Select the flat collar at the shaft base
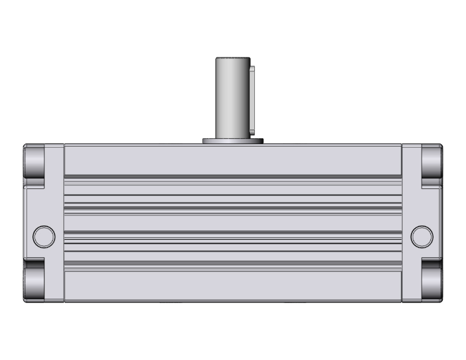pyautogui.click(x=232, y=141)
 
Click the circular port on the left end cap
pyautogui.click(x=43, y=236)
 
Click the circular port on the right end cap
pyautogui.click(x=422, y=236)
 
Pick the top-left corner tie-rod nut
pyautogui.click(x=35, y=163)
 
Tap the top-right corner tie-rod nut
pyautogui.click(x=432, y=163)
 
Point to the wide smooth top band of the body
pyautogui.click(x=232, y=160)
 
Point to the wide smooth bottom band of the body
pyautogui.click(x=232, y=287)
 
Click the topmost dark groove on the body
pyautogui.click(x=232, y=176)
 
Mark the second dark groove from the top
pyautogui.click(x=232, y=204)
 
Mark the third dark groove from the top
pyautogui.click(x=232, y=234)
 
